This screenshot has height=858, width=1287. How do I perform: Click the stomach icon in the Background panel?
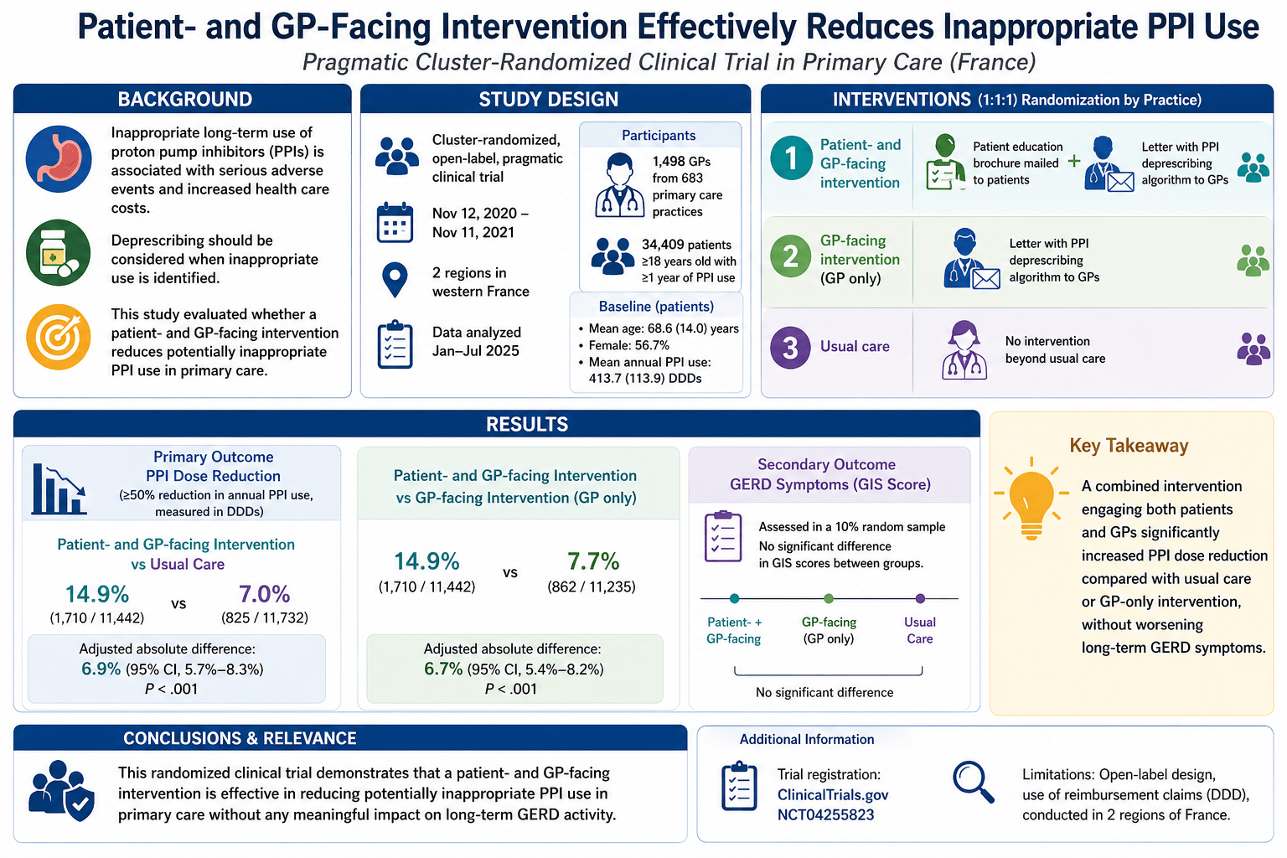[58, 158]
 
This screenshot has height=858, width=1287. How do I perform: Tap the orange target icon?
[58, 337]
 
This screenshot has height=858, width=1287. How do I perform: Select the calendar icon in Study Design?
[395, 222]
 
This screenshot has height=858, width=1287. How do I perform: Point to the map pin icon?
[395, 280]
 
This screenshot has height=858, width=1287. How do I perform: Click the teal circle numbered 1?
[791, 158]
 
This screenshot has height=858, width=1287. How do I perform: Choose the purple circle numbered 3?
[791, 347]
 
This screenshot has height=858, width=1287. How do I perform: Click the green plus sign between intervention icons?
[1074, 162]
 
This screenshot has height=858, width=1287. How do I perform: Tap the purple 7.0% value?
[264, 594]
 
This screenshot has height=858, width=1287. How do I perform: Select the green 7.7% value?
[593, 561]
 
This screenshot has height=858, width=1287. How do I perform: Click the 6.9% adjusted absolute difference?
[101, 669]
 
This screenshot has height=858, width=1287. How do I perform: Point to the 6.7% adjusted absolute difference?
[443, 669]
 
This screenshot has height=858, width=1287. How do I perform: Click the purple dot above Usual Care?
[920, 598]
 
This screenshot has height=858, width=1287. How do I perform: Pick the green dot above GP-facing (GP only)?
[828, 598]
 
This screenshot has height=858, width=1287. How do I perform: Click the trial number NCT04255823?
[825, 815]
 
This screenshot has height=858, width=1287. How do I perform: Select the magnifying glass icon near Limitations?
[973, 782]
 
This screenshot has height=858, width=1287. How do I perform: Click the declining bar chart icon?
[59, 488]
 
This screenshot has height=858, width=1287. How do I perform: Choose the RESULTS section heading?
[527, 424]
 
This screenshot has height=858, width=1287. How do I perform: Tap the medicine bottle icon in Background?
[58, 252]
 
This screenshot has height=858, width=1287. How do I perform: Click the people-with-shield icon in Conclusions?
[61, 790]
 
